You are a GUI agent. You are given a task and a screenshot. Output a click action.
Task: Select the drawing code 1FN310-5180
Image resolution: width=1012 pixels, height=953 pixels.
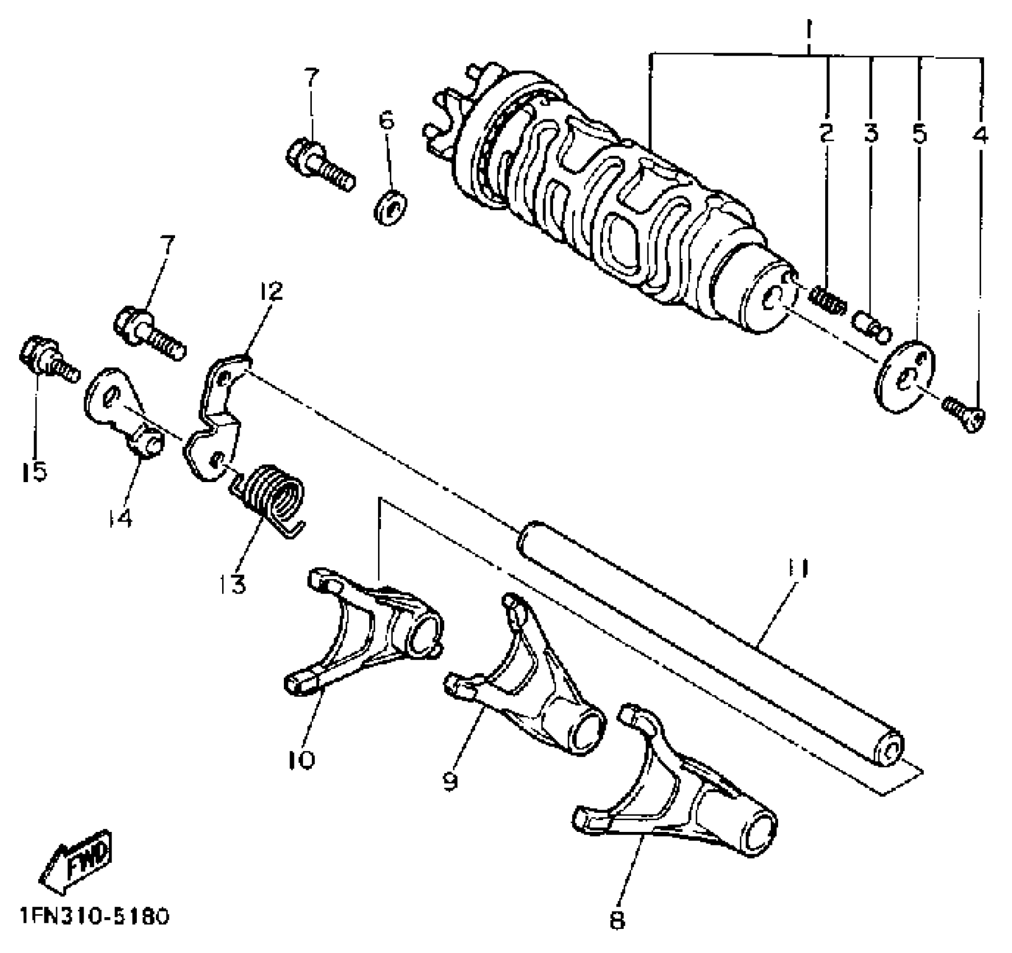[x=94, y=917]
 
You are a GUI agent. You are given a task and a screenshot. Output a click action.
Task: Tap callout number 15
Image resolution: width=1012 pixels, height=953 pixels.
[x=34, y=471]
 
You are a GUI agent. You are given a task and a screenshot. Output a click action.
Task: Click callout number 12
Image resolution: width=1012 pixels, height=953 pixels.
[x=271, y=291]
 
